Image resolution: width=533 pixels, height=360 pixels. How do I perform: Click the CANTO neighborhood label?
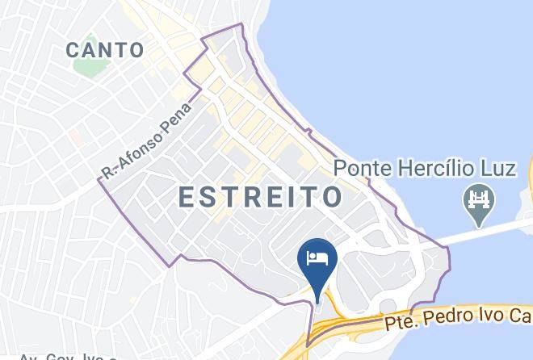(x=105, y=50)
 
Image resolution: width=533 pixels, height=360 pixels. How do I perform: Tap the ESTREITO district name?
(x=259, y=197)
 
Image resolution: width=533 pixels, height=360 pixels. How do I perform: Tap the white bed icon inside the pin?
(x=317, y=258)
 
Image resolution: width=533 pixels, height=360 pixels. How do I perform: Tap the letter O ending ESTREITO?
(x=332, y=197)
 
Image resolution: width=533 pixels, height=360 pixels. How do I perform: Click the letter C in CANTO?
(x=73, y=50)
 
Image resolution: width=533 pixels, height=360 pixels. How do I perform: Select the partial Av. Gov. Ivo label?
(x=68, y=356)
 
